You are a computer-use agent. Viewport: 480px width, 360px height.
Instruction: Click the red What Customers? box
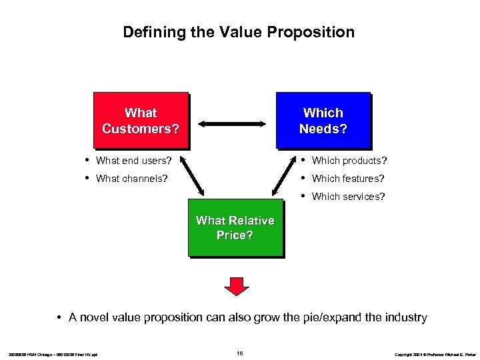tap(141, 120)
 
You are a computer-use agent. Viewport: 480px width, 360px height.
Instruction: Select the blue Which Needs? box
tap(323, 120)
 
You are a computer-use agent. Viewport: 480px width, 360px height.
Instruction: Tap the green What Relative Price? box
tap(235, 227)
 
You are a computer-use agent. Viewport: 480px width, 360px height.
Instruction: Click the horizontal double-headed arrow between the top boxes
tap(231, 123)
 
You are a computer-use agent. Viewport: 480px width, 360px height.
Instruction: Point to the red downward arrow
tap(236, 285)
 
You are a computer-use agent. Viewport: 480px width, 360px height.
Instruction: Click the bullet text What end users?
tap(133, 161)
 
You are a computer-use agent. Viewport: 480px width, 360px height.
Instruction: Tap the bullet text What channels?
tap(131, 179)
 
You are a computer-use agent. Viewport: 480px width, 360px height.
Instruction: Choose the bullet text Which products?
tap(349, 161)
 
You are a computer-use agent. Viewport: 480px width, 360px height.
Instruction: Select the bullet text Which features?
tap(348, 179)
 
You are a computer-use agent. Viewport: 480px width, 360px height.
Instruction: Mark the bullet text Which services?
tap(348, 197)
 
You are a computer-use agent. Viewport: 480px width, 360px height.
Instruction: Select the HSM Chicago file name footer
tap(53, 354)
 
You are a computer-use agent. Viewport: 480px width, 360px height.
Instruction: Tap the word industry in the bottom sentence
tap(405, 317)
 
